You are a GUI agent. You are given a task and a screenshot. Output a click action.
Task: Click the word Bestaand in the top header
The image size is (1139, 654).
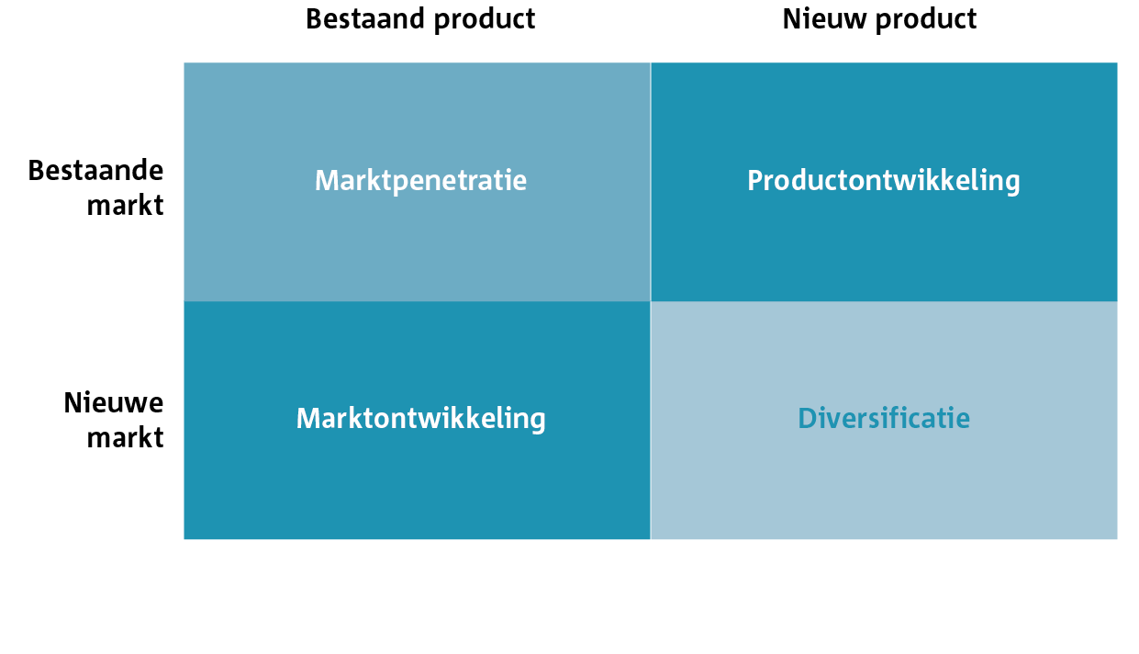click(365, 19)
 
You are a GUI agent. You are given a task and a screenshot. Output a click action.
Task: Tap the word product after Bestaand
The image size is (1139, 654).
click(485, 21)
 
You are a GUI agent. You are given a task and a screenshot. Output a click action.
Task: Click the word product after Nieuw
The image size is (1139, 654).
click(926, 21)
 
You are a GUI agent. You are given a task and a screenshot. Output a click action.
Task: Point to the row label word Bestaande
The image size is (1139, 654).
click(95, 170)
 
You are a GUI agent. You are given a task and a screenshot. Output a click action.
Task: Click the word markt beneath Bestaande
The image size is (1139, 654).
click(125, 205)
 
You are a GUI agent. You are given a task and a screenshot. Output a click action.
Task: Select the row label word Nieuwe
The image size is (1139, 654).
click(114, 402)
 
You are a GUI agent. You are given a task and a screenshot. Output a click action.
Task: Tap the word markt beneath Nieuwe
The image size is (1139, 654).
click(125, 437)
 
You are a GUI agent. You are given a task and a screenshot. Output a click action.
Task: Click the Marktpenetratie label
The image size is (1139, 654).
click(420, 181)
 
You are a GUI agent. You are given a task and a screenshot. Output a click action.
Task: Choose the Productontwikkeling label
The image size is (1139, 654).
click(884, 181)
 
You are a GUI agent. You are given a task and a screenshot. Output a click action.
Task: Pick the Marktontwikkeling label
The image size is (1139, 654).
click(420, 418)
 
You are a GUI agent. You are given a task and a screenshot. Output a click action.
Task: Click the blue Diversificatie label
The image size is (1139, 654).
click(884, 418)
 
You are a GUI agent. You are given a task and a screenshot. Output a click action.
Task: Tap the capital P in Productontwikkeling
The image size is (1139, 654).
click(755, 181)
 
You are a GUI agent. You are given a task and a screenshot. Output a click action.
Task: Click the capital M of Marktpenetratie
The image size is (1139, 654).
click(328, 181)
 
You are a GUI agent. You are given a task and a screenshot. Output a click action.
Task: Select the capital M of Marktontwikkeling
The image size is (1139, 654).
click(309, 418)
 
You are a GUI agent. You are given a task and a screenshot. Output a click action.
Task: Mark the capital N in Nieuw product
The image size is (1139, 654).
click(792, 19)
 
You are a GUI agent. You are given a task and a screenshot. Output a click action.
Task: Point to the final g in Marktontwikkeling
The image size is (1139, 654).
click(536, 422)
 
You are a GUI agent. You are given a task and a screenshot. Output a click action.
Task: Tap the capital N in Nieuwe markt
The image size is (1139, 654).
click(73, 403)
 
